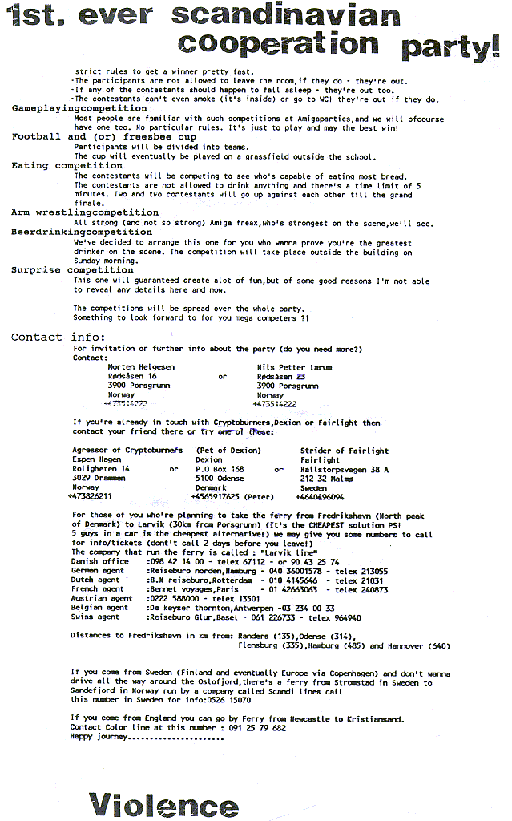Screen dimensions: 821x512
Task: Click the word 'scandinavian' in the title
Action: coord(285,14)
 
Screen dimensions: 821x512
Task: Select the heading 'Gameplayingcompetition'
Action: coord(68,108)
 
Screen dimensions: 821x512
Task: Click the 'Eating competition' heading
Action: coord(67,166)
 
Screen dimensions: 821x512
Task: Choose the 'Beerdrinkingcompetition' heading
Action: coord(71,233)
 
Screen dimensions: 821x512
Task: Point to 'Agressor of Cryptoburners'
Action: coord(127,451)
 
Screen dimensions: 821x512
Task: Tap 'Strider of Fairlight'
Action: coord(345,451)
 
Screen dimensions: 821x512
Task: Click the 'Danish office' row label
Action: coord(100,561)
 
